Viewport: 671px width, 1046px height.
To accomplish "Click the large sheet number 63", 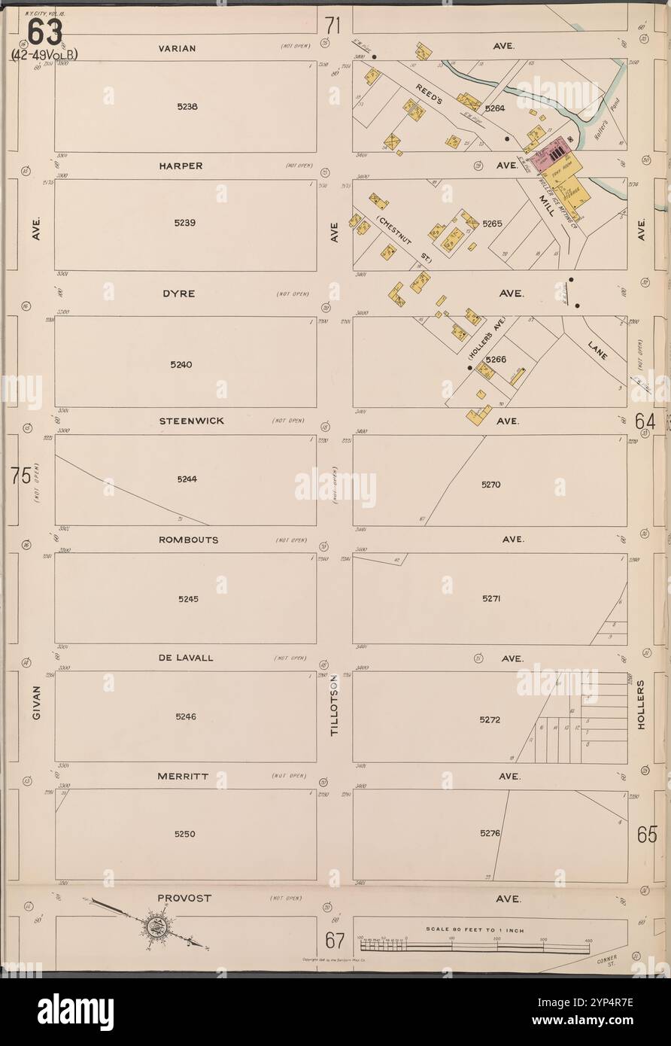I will (x=46, y=32).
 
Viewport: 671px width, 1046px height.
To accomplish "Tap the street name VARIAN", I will (x=178, y=48).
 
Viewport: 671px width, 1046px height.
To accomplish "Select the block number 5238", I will (x=185, y=107).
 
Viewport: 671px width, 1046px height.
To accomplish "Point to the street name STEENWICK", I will (x=191, y=421).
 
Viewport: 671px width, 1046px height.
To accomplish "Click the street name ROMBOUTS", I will (x=188, y=540).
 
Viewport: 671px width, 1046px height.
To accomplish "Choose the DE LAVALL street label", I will (x=186, y=658).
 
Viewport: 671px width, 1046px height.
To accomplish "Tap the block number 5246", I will (x=185, y=716).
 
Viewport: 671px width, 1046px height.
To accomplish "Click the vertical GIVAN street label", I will (x=35, y=705).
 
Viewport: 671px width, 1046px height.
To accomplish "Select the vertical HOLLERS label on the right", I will (x=641, y=704).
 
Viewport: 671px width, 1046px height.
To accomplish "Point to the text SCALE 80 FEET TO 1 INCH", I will (x=475, y=930).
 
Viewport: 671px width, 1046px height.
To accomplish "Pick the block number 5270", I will (x=490, y=485).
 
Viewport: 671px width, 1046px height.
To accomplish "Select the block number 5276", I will (x=490, y=833).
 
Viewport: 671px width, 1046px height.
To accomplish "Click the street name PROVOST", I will (x=185, y=898).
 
